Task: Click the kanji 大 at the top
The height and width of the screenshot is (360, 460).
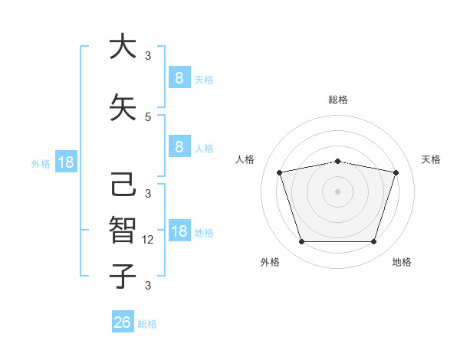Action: pyautogui.click(x=122, y=47)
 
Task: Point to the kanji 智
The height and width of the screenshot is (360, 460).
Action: pyautogui.click(x=122, y=229)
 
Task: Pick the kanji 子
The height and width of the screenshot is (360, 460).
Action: pyautogui.click(x=122, y=276)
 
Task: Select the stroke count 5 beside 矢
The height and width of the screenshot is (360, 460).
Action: pyautogui.click(x=148, y=116)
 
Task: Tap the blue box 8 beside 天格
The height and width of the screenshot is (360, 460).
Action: pyautogui.click(x=179, y=78)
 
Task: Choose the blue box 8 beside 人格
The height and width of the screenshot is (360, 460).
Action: pyautogui.click(x=179, y=147)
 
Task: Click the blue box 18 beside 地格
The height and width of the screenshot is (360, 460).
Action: pyautogui.click(x=179, y=232)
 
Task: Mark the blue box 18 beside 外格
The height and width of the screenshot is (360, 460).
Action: pyautogui.click(x=65, y=162)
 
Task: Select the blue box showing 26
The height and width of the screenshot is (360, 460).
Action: pyautogui.click(x=122, y=322)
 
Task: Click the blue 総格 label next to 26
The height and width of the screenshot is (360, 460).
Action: pyautogui.click(x=147, y=324)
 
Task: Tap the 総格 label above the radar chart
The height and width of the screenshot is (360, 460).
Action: pyautogui.click(x=337, y=100)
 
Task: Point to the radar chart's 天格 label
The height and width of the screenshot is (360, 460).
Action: pyautogui.click(x=431, y=159)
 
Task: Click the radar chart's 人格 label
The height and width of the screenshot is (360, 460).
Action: pyautogui.click(x=245, y=159)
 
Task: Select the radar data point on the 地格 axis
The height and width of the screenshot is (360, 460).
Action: pyautogui.click(x=373, y=242)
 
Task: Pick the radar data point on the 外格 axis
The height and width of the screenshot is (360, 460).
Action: pyautogui.click(x=301, y=242)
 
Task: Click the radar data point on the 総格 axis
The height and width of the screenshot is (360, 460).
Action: pyautogui.click(x=337, y=161)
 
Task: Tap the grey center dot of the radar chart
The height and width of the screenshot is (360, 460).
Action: pyautogui.click(x=337, y=191)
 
